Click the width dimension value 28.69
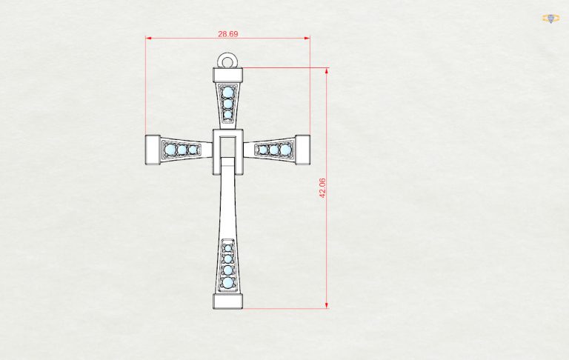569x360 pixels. pyautogui.click(x=228, y=34)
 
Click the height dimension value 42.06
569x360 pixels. pyautogui.click(x=322, y=187)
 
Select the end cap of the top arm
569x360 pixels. pyautogui.click(x=227, y=75)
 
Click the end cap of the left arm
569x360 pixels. pyautogui.click(x=153, y=150)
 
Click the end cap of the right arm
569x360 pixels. pyautogui.click(x=302, y=150)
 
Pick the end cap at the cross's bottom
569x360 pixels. pyautogui.click(x=227, y=301)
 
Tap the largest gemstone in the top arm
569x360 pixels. pyautogui.click(x=227, y=91)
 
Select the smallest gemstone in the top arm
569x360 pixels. pyautogui.click(x=227, y=115)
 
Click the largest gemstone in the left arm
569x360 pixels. pyautogui.click(x=170, y=150)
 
